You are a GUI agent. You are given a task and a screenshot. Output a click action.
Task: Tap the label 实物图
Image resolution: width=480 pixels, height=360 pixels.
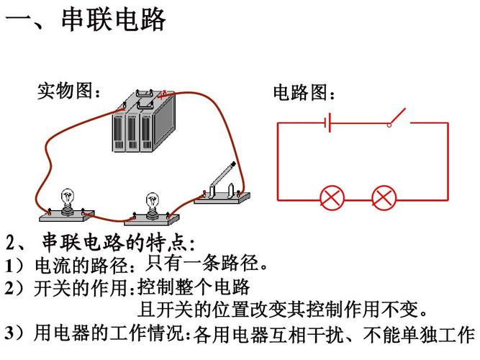point(68,91)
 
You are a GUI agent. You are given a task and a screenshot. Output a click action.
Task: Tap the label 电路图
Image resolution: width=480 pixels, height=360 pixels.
point(303,93)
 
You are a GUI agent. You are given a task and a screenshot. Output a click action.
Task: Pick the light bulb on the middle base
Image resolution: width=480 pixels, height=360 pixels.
point(152,202)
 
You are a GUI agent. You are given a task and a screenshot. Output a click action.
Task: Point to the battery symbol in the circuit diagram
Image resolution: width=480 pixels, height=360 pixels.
point(327,122)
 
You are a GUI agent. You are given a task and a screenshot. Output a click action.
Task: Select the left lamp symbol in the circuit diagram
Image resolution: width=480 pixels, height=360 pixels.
point(332,197)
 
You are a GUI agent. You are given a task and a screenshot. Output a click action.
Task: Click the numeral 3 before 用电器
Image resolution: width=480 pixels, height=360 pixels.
point(9,333)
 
